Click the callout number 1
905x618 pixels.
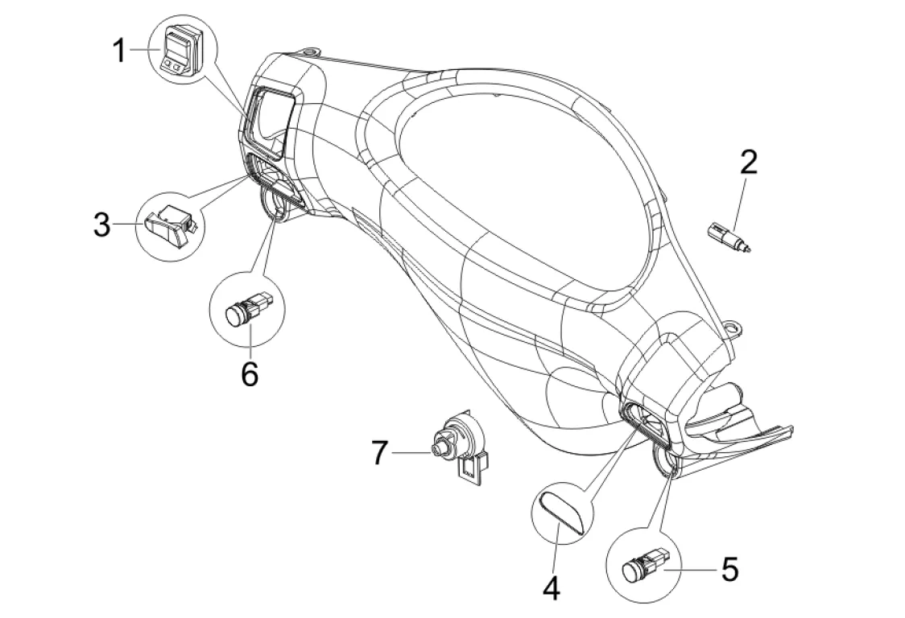pos(119,51)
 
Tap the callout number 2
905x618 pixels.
pos(748,163)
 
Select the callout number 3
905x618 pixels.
pos(102,225)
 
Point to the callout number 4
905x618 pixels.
pos(552,588)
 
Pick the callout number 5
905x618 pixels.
pos(730,570)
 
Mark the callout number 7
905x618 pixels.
pos(378,453)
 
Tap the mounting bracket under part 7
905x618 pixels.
pos(473,467)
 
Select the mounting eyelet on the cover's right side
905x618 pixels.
pos(734,328)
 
